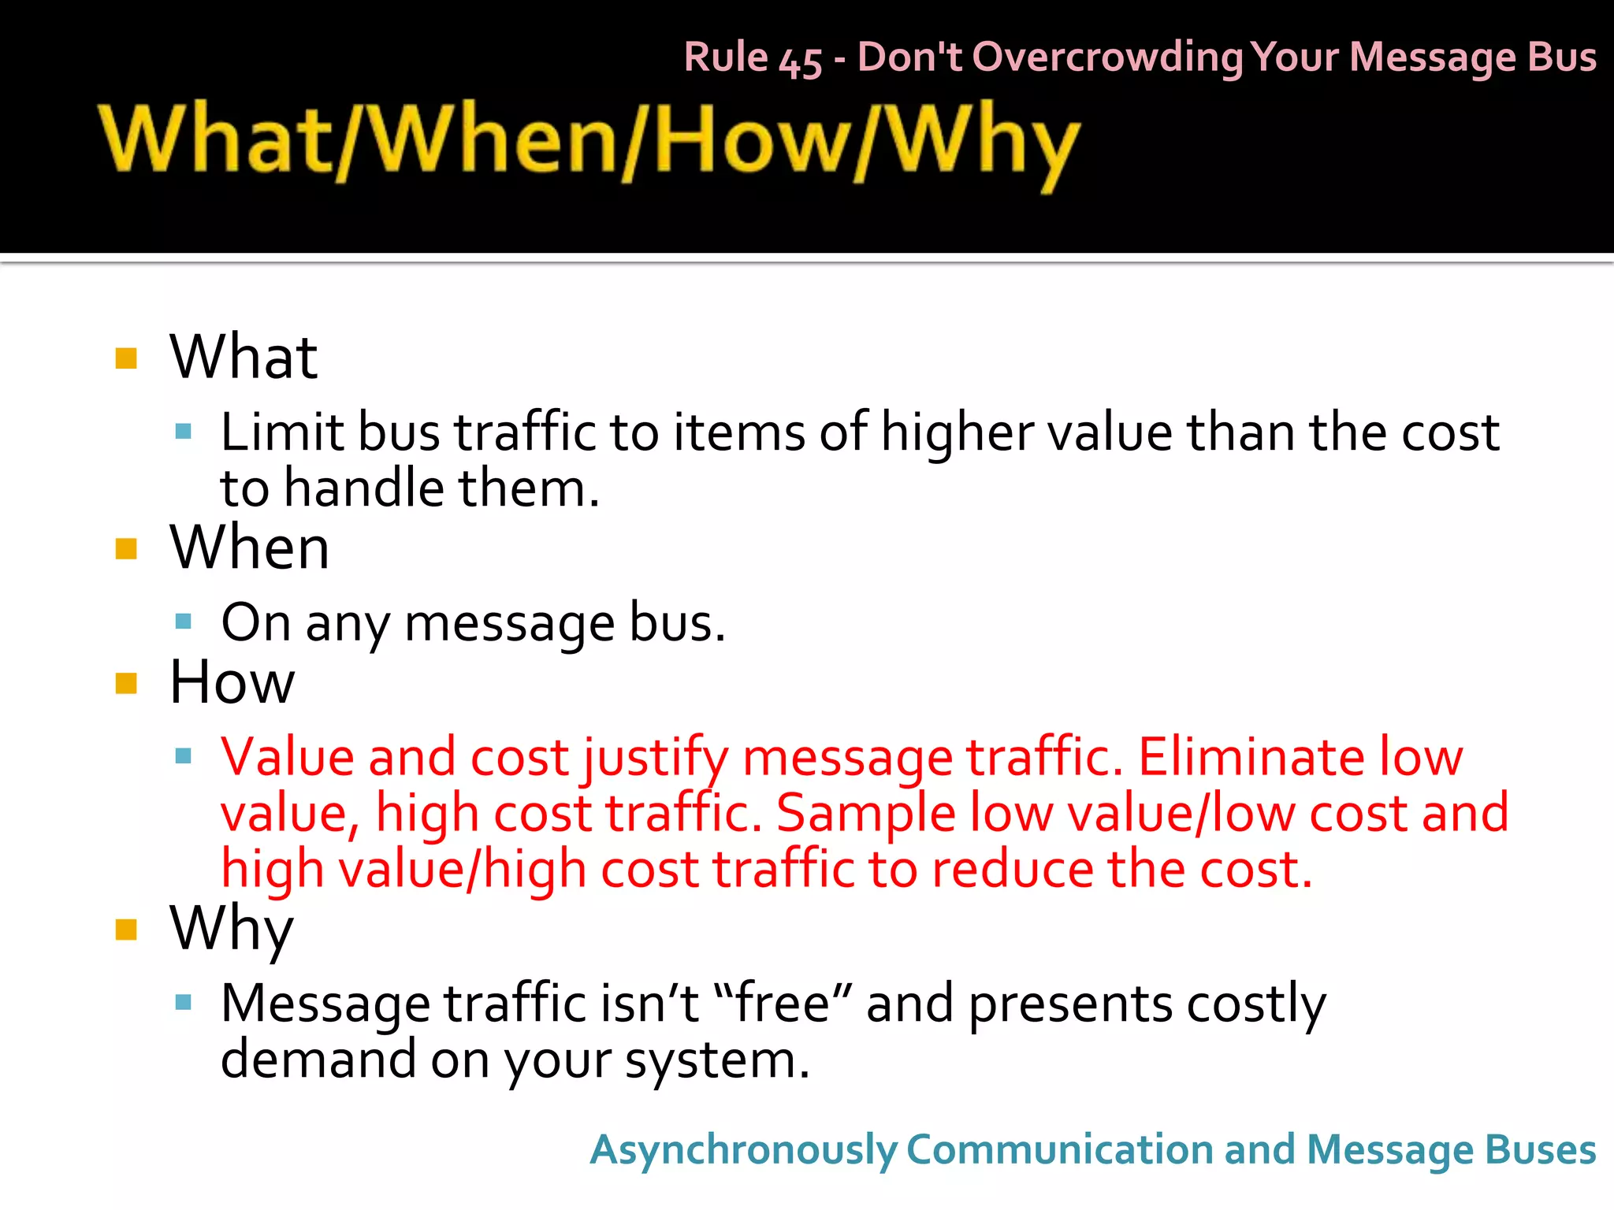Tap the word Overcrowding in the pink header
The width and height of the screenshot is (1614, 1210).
click(x=1107, y=58)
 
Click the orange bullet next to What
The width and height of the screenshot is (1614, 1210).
click(x=126, y=358)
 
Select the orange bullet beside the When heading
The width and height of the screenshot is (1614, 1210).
click(x=126, y=548)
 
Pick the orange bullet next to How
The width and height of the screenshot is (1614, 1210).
click(x=126, y=683)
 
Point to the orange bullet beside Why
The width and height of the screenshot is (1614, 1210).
click(x=126, y=930)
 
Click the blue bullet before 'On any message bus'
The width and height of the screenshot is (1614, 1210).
click(x=184, y=622)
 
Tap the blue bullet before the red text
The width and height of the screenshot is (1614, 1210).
click(x=184, y=756)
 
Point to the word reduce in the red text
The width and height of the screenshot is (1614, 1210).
click(x=1012, y=869)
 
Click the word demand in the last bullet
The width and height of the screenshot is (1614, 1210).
click(x=318, y=1060)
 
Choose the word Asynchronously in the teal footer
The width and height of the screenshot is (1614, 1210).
click(x=743, y=1151)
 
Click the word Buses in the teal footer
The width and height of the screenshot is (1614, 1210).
click(x=1540, y=1149)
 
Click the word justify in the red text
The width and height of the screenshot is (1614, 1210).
click(x=656, y=758)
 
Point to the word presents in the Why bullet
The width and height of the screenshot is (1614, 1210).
click(x=1070, y=1004)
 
